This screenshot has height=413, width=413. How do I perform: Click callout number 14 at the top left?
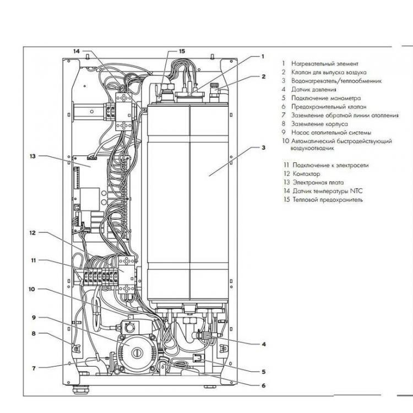pos(77,51)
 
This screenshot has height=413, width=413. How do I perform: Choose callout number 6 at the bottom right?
pos(263,385)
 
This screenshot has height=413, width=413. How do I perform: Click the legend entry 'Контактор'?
pos(306,173)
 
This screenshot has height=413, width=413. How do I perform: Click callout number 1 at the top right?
pos(263,56)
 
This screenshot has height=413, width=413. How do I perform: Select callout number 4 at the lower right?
pos(263,344)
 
